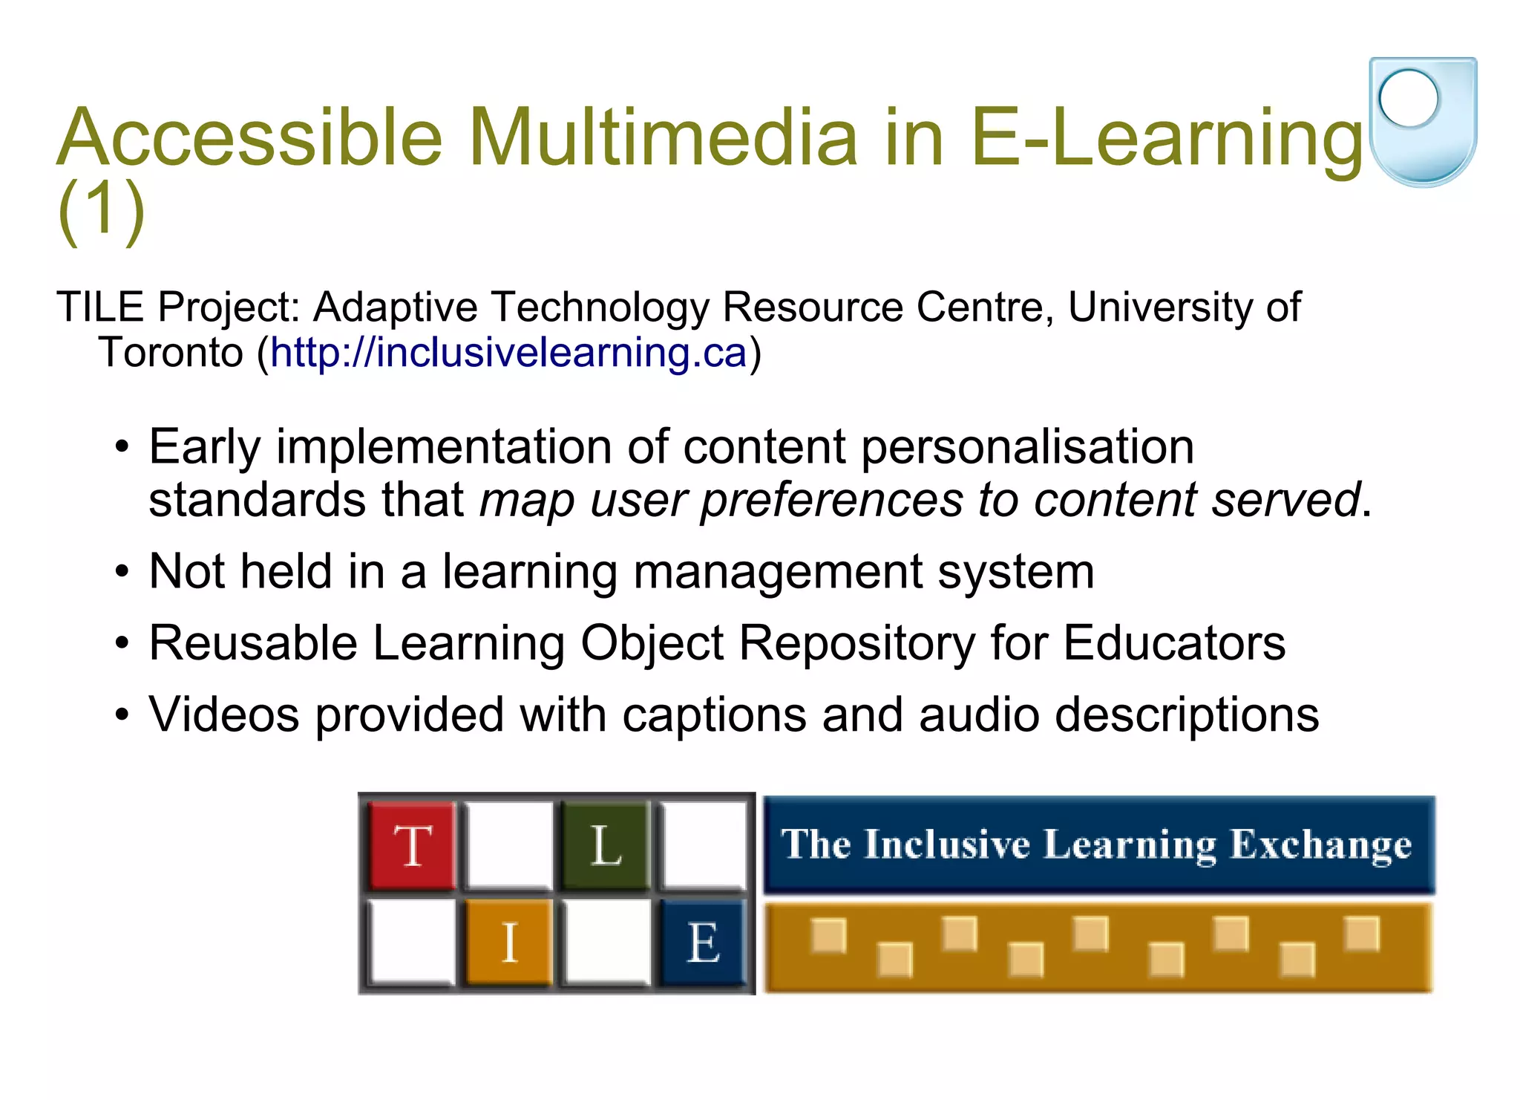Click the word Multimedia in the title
(663, 137)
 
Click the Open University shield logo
(1422, 121)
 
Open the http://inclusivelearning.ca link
(508, 352)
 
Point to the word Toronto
(171, 352)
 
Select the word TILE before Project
(100, 307)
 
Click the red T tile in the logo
(412, 845)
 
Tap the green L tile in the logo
(605, 845)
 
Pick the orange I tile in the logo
(509, 942)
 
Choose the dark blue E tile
(702, 942)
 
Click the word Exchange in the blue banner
(1320, 845)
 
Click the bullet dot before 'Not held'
(122, 573)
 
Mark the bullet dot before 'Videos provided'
(122, 716)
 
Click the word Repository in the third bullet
(856, 642)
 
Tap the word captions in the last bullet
(714, 715)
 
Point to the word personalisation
(1027, 447)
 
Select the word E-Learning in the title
(1166, 137)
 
